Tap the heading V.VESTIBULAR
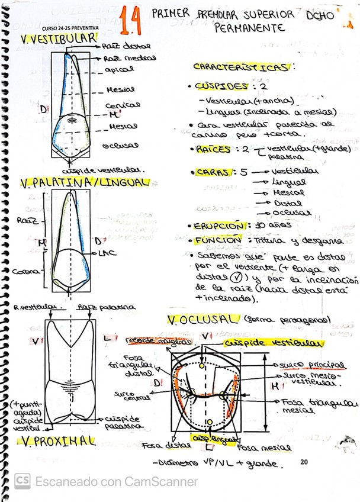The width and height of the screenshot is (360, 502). (x=57, y=39)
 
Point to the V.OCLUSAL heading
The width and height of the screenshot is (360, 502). (x=202, y=320)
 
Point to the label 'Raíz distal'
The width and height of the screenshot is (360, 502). (x=126, y=46)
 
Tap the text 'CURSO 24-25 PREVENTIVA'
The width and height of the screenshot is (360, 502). (x=70, y=28)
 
